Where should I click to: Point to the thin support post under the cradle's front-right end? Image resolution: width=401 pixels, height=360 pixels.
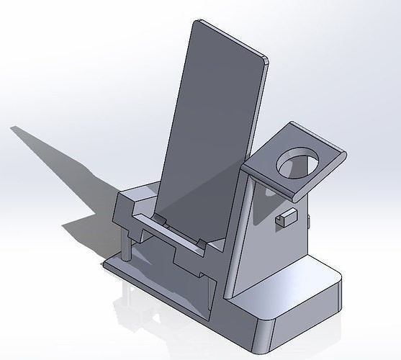pyautogui.click(x=209, y=292)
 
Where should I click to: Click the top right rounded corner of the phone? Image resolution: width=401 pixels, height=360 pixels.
pyautogui.click(x=264, y=63)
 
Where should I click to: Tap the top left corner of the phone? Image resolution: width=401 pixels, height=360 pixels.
pyautogui.click(x=196, y=22)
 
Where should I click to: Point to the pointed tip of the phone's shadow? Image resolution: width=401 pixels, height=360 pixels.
pyautogui.click(x=12, y=129)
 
